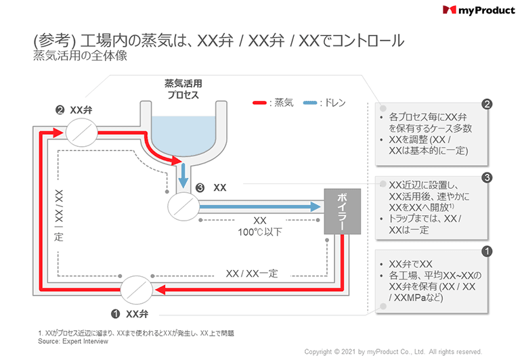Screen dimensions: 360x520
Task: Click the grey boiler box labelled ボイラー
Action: (340, 211)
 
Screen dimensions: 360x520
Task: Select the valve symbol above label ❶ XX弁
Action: (137, 292)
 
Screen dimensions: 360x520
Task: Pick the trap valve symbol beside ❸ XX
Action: (182, 204)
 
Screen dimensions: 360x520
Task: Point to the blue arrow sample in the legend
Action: (310, 103)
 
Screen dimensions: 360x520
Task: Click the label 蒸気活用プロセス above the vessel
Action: (183, 89)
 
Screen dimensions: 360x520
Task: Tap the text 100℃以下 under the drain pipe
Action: (259, 232)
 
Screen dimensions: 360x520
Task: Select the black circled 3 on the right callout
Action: (486, 177)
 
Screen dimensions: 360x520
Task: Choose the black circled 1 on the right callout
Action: (486, 251)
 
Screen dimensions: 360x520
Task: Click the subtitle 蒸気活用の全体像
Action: (80, 57)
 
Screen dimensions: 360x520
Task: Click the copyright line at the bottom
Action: (393, 352)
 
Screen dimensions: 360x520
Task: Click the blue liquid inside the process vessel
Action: (183, 132)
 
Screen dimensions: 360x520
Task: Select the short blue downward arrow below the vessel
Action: (183, 178)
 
